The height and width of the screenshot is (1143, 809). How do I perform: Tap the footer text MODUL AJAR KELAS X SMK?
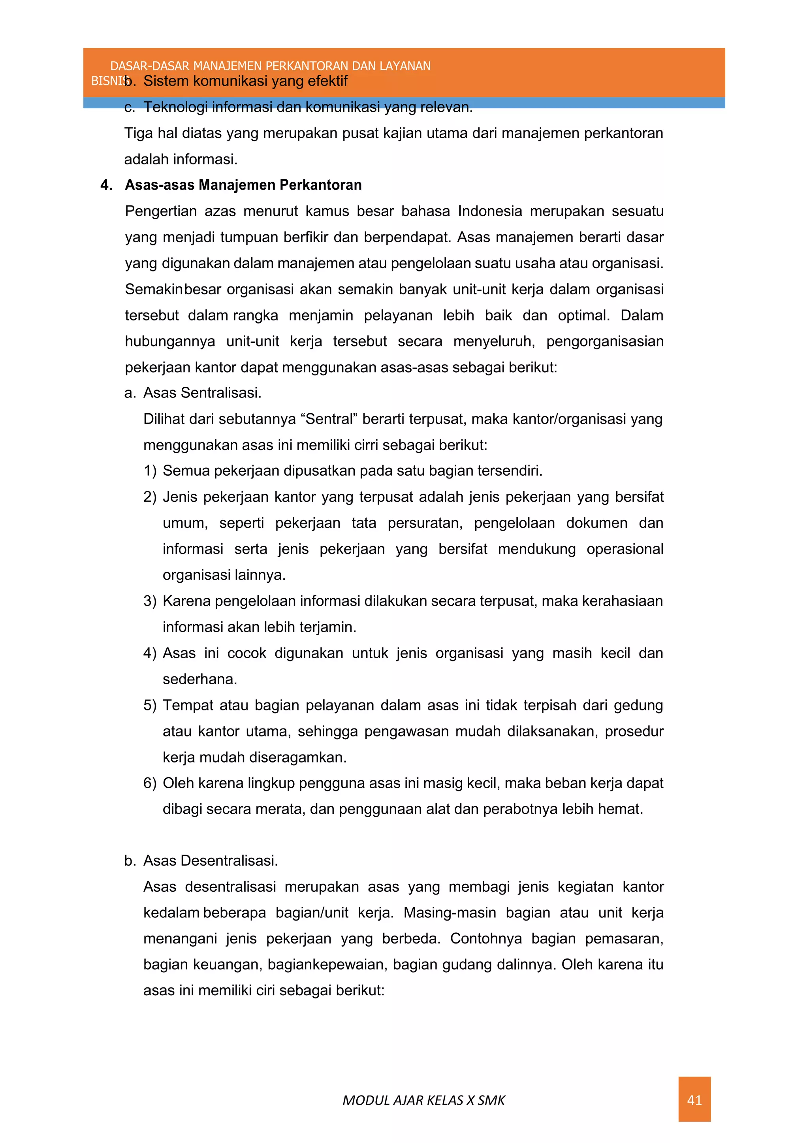tap(423, 1100)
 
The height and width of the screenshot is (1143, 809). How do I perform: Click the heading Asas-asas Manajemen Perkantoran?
tap(243, 185)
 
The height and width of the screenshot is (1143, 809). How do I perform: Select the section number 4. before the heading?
tap(106, 185)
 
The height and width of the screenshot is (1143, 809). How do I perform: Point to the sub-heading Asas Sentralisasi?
tap(202, 393)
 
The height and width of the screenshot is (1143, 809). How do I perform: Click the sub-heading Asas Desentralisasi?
tap(210, 861)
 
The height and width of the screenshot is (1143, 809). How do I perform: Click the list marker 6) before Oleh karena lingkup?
tap(150, 783)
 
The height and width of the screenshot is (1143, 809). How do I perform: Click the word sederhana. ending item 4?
tap(200, 679)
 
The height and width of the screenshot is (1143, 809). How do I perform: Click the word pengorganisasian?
tap(604, 341)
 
